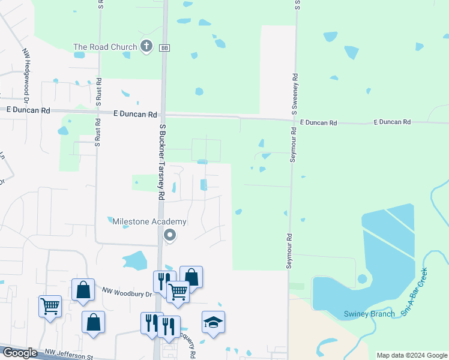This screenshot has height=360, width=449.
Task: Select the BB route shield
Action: point(164,47)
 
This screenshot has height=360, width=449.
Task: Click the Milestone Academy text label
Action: point(149,221)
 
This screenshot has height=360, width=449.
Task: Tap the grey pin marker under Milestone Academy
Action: point(170,236)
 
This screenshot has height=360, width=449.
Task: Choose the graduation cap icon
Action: point(213,322)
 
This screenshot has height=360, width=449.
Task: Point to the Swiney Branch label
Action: point(369,314)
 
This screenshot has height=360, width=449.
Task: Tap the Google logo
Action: point(19,352)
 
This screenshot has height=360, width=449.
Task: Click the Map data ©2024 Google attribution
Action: point(412,355)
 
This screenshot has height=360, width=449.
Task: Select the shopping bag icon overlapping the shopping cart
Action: point(191,277)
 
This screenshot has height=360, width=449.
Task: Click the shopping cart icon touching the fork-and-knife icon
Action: point(178,292)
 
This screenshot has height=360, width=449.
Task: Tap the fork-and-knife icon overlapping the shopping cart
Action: point(161,281)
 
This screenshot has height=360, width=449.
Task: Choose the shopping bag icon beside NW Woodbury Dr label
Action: point(83,290)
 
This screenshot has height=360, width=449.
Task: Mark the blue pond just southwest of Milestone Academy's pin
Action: point(135,261)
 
